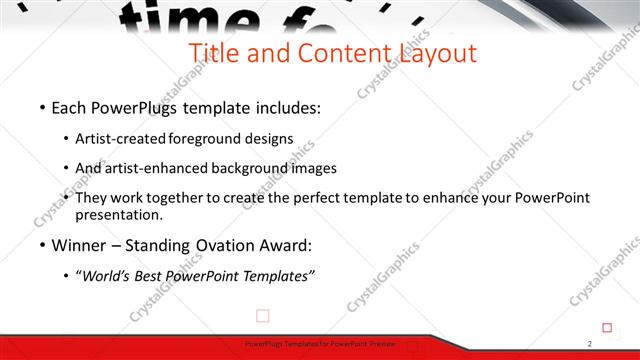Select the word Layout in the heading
click(x=433, y=53)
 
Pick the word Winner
click(x=80, y=246)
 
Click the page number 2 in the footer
click(x=590, y=344)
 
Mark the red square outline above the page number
click(x=607, y=326)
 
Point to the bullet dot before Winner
click(x=42, y=246)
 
